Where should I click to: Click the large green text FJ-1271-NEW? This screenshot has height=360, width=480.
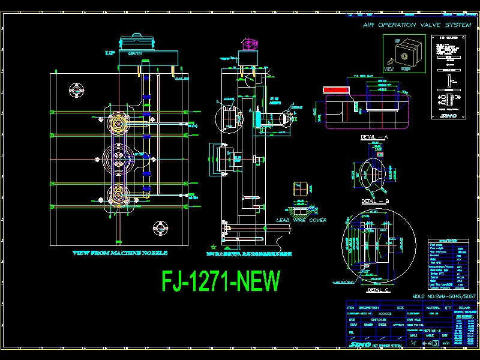click(x=221, y=281)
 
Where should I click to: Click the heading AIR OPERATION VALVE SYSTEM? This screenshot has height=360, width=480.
click(x=416, y=25)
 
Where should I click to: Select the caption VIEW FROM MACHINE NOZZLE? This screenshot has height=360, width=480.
click(x=120, y=253)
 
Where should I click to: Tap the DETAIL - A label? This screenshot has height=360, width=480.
click(x=375, y=137)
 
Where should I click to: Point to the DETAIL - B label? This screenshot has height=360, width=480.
click(x=375, y=201)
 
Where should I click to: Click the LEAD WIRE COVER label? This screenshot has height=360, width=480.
click(x=301, y=220)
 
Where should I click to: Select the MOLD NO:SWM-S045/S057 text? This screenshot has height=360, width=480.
click(x=443, y=296)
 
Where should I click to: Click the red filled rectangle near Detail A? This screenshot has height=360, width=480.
click(x=336, y=90)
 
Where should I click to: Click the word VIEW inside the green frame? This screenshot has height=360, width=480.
click(x=389, y=69)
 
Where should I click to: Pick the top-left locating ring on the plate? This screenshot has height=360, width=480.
click(x=77, y=89)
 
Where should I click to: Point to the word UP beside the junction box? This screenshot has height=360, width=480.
click(x=110, y=53)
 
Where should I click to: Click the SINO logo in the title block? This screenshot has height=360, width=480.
click(x=358, y=344)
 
